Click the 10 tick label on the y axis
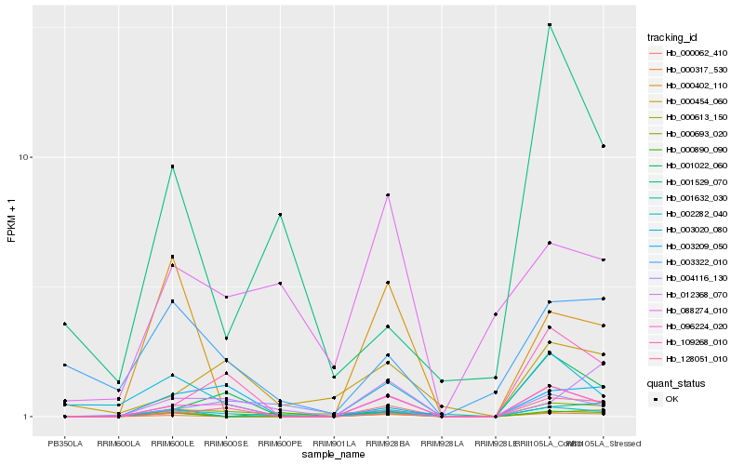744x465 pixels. tap(28, 157)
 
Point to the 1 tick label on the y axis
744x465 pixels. tap(30, 417)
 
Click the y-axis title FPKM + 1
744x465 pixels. tap(12, 221)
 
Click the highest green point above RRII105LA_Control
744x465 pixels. tap(550, 25)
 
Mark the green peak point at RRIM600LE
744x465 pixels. tap(172, 166)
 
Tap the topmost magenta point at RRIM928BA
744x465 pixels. tap(388, 195)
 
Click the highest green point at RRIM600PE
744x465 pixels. tap(280, 215)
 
